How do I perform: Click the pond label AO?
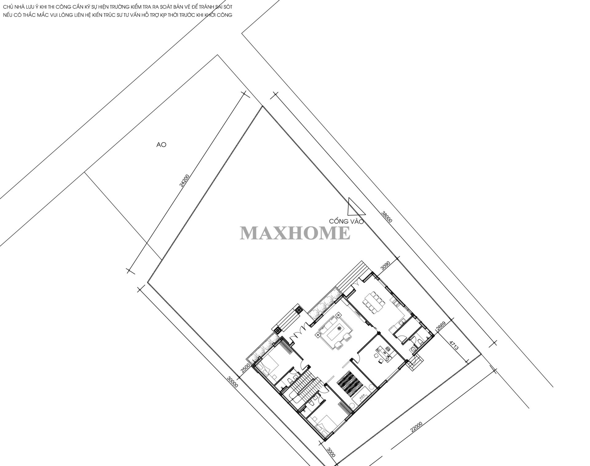(x=161, y=144)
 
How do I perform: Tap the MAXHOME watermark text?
(x=295, y=232)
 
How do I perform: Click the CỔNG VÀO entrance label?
(x=346, y=221)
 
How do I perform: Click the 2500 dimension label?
(x=245, y=368)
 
